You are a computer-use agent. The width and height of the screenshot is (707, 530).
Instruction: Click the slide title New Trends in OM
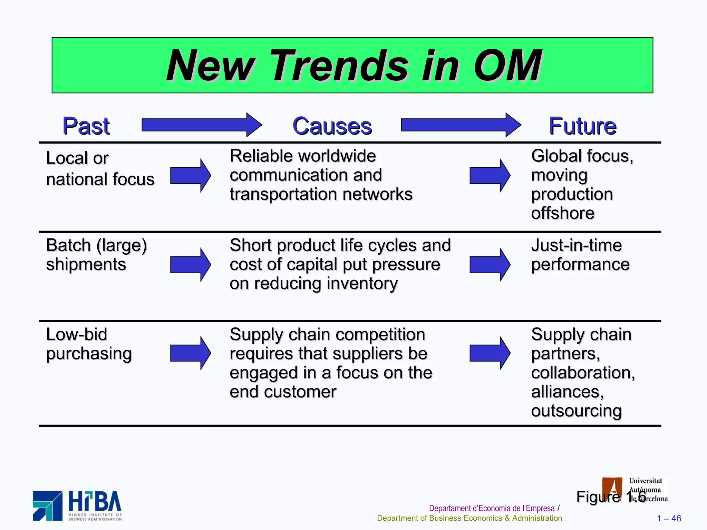tap(353, 65)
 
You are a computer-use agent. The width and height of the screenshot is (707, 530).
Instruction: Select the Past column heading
tap(86, 126)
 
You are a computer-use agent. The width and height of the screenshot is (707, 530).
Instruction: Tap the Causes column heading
tap(332, 126)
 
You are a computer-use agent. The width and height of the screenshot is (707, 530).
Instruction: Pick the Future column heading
tap(582, 126)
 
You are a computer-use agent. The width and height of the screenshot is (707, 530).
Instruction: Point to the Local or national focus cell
tap(100, 169)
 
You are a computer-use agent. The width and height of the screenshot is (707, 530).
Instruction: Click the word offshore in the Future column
tap(563, 213)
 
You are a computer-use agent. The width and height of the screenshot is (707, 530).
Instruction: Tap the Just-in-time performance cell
tap(580, 255)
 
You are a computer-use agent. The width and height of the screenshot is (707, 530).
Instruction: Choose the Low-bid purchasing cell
tap(89, 344)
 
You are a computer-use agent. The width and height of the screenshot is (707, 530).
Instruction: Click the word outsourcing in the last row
tap(576, 411)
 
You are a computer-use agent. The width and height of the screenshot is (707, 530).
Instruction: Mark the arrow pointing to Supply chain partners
tap(490, 353)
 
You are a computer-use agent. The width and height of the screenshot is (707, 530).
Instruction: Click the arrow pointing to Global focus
tap(490, 175)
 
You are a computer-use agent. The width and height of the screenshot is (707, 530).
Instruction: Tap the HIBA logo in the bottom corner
tap(77, 506)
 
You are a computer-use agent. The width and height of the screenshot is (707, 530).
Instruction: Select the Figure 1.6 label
tap(611, 497)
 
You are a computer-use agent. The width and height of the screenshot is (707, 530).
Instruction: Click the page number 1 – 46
tap(669, 518)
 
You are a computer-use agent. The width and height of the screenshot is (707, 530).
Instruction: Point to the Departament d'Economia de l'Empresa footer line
tap(492, 508)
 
